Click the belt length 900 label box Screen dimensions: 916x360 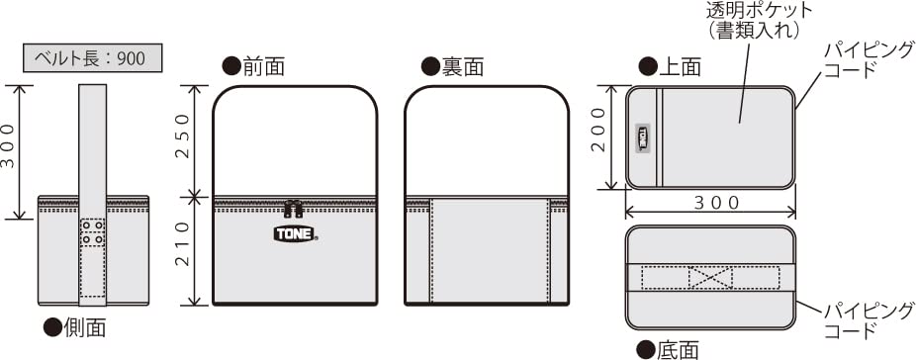(x=92, y=57)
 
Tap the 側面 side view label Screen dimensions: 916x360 (x=75, y=328)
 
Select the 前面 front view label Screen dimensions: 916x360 (x=253, y=67)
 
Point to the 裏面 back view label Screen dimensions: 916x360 (x=453, y=67)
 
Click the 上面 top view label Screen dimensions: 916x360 (x=670, y=67)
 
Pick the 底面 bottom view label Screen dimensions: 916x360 (x=668, y=350)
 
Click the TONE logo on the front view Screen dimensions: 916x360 (x=296, y=233)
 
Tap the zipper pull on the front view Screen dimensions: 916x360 (x=293, y=210)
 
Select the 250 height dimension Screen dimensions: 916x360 (x=183, y=136)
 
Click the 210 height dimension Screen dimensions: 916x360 (x=183, y=244)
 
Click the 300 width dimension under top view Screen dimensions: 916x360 (x=717, y=203)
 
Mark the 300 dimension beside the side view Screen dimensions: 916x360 (x=7, y=145)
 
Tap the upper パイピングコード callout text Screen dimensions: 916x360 (x=869, y=59)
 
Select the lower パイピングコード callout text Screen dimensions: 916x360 (x=869, y=320)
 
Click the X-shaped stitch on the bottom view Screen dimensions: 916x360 (x=710, y=278)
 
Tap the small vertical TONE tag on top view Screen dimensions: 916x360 (x=643, y=137)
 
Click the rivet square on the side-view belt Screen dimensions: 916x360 (x=92, y=232)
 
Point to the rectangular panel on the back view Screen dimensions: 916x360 (x=490, y=250)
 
